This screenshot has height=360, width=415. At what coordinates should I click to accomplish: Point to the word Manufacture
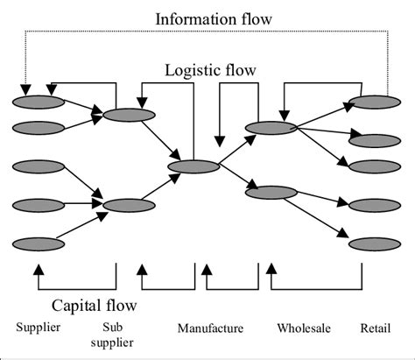[209, 329]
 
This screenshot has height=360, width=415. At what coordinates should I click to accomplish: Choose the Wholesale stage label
[303, 329]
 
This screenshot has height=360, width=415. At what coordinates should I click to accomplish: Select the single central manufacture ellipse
[193, 166]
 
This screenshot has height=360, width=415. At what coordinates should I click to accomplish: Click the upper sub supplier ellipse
[128, 115]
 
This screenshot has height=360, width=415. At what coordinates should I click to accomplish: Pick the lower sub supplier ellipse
[128, 206]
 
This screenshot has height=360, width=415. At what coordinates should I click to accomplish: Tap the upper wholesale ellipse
[271, 128]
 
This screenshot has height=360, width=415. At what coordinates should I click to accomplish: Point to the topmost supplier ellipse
[39, 102]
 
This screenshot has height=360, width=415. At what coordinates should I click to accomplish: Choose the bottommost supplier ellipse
[39, 244]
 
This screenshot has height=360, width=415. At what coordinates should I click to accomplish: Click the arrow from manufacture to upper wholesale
[233, 147]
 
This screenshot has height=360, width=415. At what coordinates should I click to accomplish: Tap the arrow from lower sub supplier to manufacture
[161, 186]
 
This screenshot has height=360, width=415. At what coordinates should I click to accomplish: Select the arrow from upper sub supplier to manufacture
[161, 140]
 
